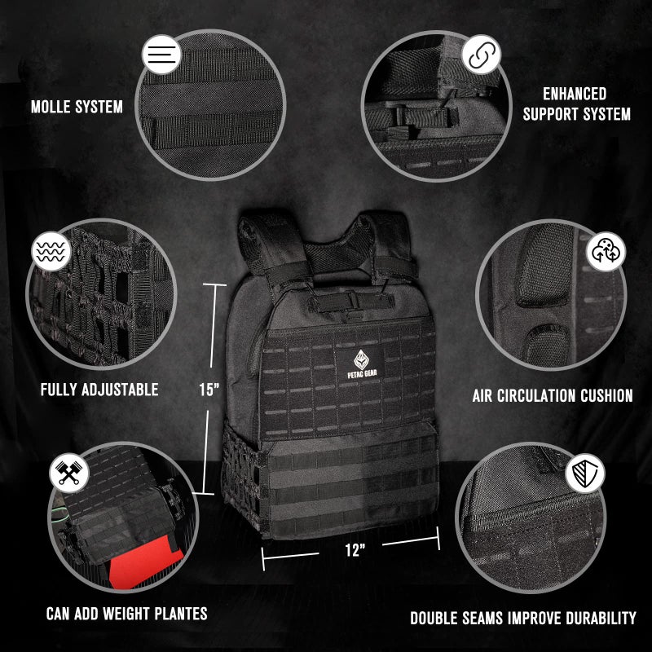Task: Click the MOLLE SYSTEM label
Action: (77, 107)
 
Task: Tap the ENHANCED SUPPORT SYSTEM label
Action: (576, 104)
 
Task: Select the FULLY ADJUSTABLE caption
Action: (99, 390)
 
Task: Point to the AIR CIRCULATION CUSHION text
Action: (553, 396)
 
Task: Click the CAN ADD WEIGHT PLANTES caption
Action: (126, 614)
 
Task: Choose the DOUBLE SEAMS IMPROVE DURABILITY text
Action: (522, 618)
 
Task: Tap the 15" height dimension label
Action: (209, 389)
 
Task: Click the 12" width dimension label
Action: (354, 550)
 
